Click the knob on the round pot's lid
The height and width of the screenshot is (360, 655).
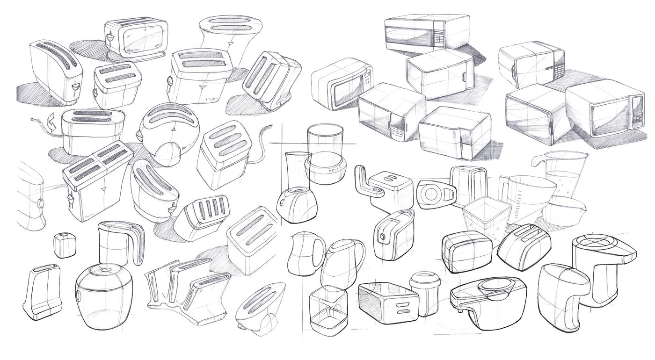pyautogui.click(x=104, y=270)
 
